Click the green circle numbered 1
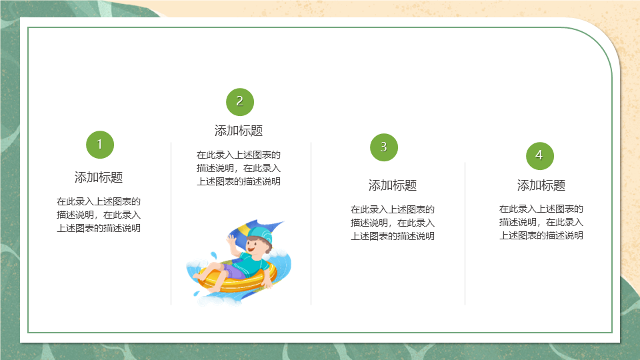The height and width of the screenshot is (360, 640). tap(99, 145)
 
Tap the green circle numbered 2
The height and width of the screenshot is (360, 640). tap(239, 101)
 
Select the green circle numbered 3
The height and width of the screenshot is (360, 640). tap(384, 147)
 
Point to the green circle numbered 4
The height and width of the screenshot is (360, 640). tap(539, 155)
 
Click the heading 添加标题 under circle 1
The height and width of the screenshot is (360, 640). tap(99, 177)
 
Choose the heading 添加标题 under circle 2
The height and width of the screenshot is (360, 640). tap(239, 131)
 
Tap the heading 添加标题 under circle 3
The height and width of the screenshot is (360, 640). tap(393, 185)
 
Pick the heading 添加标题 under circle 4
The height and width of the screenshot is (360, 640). tap(541, 185)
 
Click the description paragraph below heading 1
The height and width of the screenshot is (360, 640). tap(99, 215)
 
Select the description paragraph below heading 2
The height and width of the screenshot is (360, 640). tap(239, 168)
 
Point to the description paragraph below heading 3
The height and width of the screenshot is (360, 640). tap(393, 223)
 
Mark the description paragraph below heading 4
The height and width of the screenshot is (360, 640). tap(541, 222)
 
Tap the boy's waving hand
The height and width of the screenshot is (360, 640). tap(232, 241)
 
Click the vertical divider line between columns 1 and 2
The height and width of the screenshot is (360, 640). tap(171, 223)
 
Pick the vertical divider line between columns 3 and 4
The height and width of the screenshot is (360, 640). tap(465, 233)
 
